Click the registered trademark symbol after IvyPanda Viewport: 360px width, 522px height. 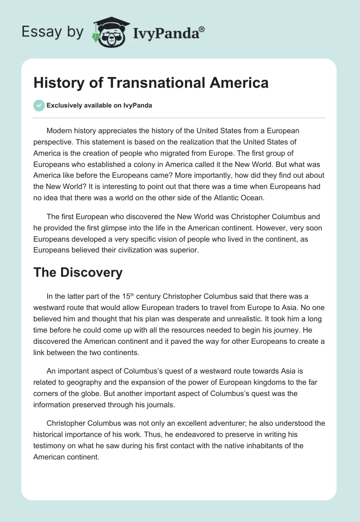pos(202,29)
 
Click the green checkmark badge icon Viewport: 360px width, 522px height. pos(39,105)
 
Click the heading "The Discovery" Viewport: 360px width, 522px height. pos(78,272)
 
